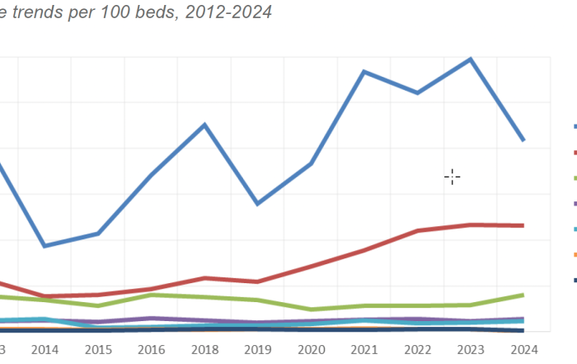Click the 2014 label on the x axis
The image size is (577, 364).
pos(45,349)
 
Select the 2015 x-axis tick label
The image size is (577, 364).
pos(98,349)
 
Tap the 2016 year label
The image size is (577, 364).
pos(152,349)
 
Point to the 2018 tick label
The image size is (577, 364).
pos(204,349)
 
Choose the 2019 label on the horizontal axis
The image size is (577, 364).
pos(258,349)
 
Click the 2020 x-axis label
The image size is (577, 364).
pos(311,349)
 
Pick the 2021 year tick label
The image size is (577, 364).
pos(364,349)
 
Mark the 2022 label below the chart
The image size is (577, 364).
pos(417,349)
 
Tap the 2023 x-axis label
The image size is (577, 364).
pos(471,349)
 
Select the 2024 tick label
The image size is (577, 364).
pos(523,349)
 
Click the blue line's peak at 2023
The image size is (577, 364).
pos(471,59)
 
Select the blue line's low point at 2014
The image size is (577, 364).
pos(45,246)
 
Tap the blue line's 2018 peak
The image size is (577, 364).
pos(204,125)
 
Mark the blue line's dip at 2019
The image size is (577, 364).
pos(258,203)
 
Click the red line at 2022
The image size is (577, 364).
pos(417,230)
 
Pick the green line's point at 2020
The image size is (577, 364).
pos(311,310)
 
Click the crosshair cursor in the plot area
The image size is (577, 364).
pos(452,176)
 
